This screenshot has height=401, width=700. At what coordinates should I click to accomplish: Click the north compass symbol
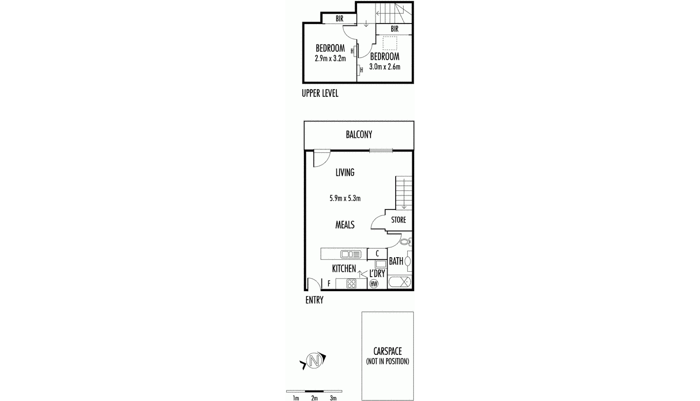pos(314,360)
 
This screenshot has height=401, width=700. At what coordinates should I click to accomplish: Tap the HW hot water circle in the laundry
pos(373,284)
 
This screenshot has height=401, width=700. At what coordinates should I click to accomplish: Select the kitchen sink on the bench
pos(351,254)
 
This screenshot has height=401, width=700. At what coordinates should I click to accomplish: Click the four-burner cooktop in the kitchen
pos(351,284)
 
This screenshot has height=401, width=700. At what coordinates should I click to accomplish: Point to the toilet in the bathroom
pos(405,242)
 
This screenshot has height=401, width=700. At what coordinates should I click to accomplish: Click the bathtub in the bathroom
pos(400,282)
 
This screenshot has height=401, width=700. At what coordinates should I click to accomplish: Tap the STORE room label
pos(399,220)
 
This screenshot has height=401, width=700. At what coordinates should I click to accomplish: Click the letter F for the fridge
pos(329,284)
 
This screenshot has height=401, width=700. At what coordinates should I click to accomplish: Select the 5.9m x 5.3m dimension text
pos(345,198)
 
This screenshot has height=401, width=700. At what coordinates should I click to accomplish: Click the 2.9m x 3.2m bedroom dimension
pos(330,58)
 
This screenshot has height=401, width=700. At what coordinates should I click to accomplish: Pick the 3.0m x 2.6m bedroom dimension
pos(385,67)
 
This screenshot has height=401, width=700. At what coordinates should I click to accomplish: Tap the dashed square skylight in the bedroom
pos(390,43)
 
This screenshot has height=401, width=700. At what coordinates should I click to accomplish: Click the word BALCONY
pos(359,135)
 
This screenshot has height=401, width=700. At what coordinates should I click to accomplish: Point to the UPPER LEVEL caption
pos(320,93)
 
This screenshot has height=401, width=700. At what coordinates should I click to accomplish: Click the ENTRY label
pos(314,300)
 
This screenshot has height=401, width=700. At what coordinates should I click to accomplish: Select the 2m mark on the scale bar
pos(314,398)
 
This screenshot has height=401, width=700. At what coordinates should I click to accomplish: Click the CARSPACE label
pos(388,352)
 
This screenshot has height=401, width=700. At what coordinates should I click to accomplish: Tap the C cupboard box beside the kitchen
pos(377,254)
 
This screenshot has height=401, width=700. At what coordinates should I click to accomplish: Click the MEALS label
pos(345,225)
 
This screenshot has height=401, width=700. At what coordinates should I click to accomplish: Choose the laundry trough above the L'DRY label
pos(380,264)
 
